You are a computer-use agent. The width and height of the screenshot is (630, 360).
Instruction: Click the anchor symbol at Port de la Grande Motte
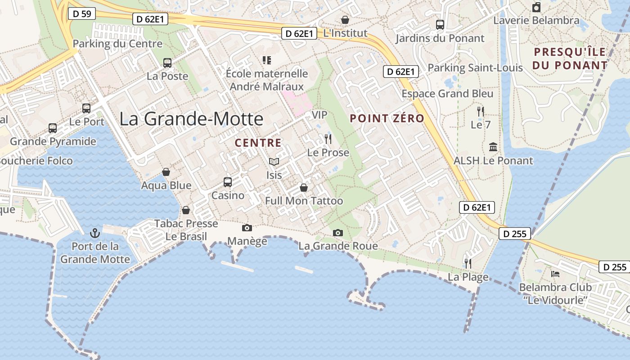pos(94,233)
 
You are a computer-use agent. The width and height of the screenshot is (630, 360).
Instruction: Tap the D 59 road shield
pos(82,14)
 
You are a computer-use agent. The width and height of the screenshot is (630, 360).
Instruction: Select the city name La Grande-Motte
pos(191,118)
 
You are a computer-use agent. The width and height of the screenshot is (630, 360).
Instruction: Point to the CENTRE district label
pos(258,143)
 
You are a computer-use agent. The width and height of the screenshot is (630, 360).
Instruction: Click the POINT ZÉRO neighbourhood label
pos(387,118)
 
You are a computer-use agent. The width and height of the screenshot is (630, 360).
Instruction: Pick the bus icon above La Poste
pos(167,63)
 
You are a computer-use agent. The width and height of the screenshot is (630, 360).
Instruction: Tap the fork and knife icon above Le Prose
pos(328,139)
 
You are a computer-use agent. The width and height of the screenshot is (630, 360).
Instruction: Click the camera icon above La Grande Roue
pos(338,233)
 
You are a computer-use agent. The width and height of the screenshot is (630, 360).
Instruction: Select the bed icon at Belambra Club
pos(555,274)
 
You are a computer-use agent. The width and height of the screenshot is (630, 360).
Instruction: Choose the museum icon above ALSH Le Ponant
pos(493,147)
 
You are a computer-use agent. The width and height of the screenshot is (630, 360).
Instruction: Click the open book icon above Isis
pos(274,162)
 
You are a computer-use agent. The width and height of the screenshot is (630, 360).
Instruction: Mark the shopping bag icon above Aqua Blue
pos(166,172)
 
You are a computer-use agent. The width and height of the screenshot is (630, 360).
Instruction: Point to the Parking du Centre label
pos(117,44)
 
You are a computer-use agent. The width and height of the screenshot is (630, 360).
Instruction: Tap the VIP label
pos(319,115)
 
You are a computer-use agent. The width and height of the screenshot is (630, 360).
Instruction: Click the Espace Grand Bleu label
pos(447,94)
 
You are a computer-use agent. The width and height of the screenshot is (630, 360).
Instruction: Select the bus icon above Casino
pos(228,182)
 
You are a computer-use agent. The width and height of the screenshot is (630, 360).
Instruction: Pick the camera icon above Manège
pos(247,228)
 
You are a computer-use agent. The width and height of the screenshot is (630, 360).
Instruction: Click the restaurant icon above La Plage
pos(468,263)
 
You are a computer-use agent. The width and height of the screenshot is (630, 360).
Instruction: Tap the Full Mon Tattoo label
pos(304,201)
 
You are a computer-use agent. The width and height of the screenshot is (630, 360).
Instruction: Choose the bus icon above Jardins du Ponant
pos(440,25)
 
